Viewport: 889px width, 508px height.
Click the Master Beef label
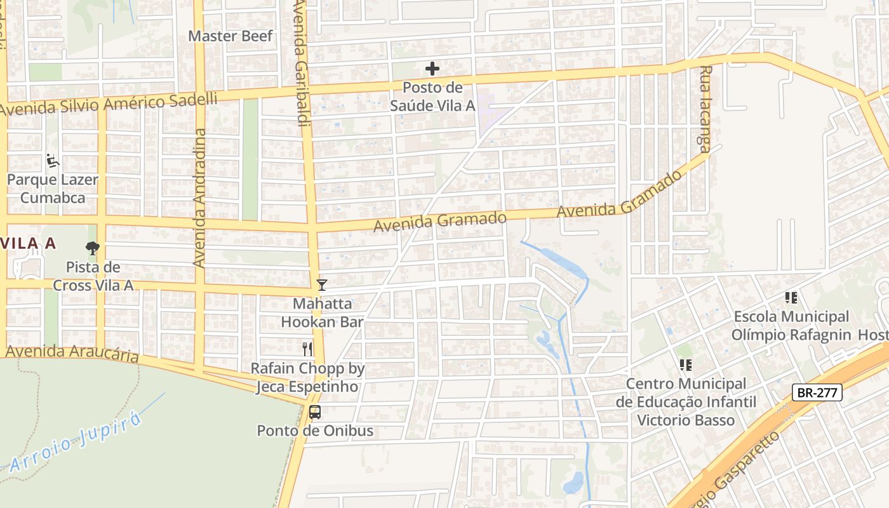tap(231, 36)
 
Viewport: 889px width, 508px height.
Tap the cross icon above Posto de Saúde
tap(432, 69)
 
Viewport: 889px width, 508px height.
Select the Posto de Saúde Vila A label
tap(432, 97)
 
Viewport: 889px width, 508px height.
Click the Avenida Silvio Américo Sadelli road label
tap(109, 104)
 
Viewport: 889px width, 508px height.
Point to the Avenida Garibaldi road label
tap(301, 63)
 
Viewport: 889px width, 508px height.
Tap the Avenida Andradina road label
tap(199, 197)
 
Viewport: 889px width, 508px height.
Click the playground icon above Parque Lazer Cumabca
tap(53, 161)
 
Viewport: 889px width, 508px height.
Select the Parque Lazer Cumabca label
tap(53, 189)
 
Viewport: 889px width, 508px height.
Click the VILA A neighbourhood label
tap(29, 243)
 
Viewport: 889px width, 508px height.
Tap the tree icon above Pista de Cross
tap(93, 248)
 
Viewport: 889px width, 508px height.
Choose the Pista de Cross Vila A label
tap(93, 276)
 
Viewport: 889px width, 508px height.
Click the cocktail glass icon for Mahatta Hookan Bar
tap(322, 285)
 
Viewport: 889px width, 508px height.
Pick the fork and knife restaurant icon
tap(308, 349)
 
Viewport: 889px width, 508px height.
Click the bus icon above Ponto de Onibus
tap(315, 411)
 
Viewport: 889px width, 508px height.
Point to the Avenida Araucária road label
tap(72, 353)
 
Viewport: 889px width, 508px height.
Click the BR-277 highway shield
tap(817, 392)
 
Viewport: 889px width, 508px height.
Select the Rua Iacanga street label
tap(705, 109)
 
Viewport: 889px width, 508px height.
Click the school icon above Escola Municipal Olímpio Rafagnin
tap(791, 297)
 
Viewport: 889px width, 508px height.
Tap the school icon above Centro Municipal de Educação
tap(686, 365)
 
